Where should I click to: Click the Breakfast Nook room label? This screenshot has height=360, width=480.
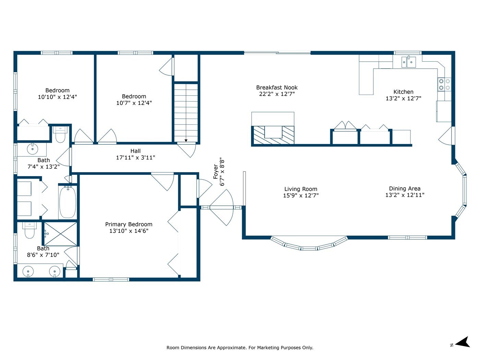tap(277, 88)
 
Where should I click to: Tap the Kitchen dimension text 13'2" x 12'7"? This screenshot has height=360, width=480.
tap(403, 98)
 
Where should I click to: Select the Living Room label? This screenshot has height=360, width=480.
tap(301, 189)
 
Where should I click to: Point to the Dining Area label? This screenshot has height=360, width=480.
tap(405, 189)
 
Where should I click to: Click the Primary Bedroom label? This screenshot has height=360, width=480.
tap(129, 224)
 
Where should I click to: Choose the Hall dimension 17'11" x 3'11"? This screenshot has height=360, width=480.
tap(135, 157)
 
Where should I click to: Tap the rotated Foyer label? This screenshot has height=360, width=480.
tap(216, 172)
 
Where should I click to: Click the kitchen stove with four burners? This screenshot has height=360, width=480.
tap(444, 85)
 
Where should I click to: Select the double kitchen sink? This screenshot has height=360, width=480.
tap(408, 62)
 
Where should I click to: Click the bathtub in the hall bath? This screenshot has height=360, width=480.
tap(68, 202)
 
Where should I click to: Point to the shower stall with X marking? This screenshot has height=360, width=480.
tap(61, 234)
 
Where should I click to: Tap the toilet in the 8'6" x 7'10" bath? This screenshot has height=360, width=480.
tap(29, 230)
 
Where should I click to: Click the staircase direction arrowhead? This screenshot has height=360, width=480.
tap(186, 141)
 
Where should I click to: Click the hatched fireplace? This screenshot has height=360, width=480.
tap(273, 135)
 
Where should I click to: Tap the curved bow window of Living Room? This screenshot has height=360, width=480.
tap(309, 243)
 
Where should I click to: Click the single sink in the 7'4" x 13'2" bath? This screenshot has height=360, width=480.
tap(33, 149)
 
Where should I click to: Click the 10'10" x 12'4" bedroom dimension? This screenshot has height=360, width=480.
tap(58, 97)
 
